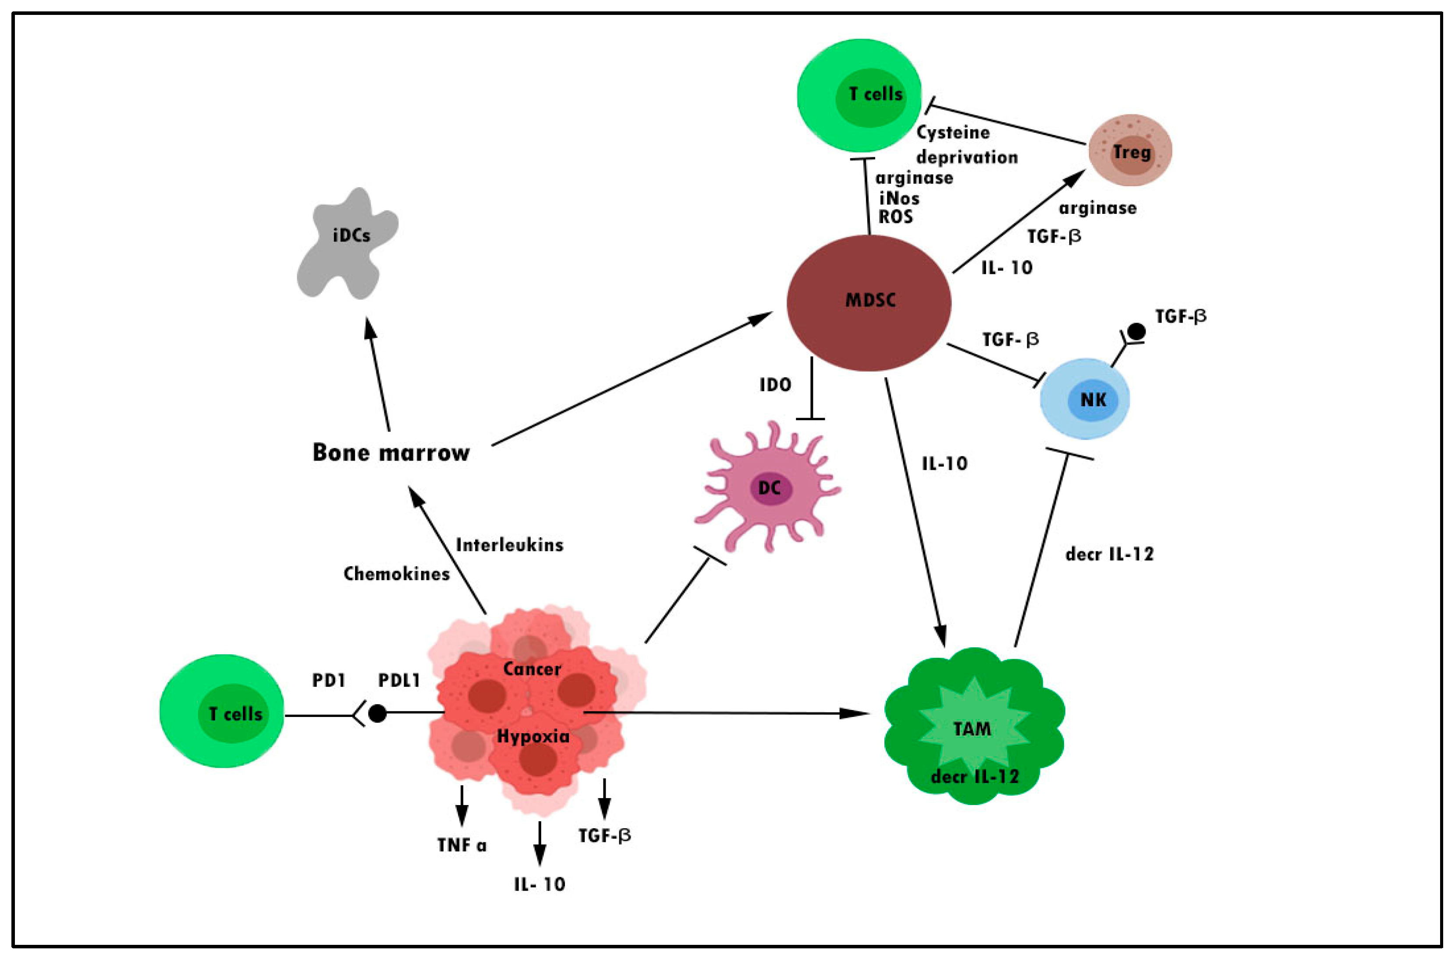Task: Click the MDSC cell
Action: (868, 303)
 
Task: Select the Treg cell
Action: (1130, 150)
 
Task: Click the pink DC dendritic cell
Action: (769, 488)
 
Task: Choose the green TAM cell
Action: (974, 727)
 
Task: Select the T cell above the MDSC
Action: (859, 96)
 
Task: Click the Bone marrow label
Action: (391, 452)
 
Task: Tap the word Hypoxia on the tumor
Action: (532, 736)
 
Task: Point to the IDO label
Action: (775, 384)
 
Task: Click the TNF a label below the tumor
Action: (461, 845)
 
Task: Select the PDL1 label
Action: (399, 681)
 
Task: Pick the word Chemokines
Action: (396, 574)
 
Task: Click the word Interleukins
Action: (509, 545)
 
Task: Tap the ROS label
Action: (896, 217)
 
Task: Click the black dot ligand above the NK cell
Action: (1136, 331)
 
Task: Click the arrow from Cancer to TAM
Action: (727, 713)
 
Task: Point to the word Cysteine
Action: (952, 133)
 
